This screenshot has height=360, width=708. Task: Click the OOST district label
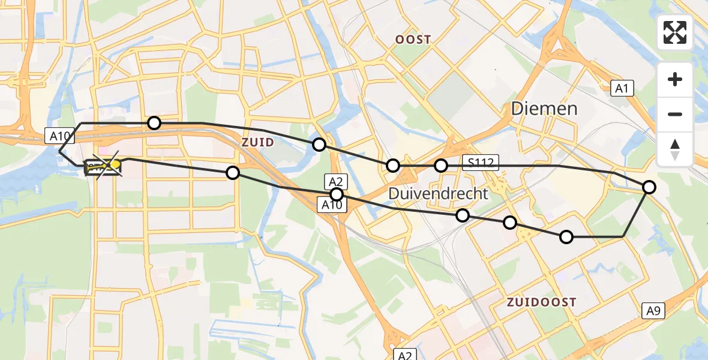coord(413,40)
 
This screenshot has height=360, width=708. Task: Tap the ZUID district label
coord(259,142)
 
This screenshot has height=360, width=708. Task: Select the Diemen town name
coord(544,109)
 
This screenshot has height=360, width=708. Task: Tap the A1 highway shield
coord(622,89)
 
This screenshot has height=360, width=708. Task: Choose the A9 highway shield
coord(653,311)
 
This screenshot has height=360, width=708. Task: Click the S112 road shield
coord(481,161)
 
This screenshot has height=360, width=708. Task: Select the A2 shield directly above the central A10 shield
coord(335,181)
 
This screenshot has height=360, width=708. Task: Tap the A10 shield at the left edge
coord(59,136)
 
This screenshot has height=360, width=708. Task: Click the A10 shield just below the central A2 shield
coord(331,205)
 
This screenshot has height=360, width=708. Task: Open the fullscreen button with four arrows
coord(675,32)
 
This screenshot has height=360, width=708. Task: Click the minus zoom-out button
coord(675,114)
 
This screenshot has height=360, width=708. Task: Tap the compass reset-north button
coord(675,149)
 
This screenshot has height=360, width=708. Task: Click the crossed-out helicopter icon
coord(104,166)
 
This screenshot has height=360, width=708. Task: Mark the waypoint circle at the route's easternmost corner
coord(649,187)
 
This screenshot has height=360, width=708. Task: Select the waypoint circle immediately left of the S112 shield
coord(441,166)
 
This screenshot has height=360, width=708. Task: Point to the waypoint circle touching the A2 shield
coord(337,194)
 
